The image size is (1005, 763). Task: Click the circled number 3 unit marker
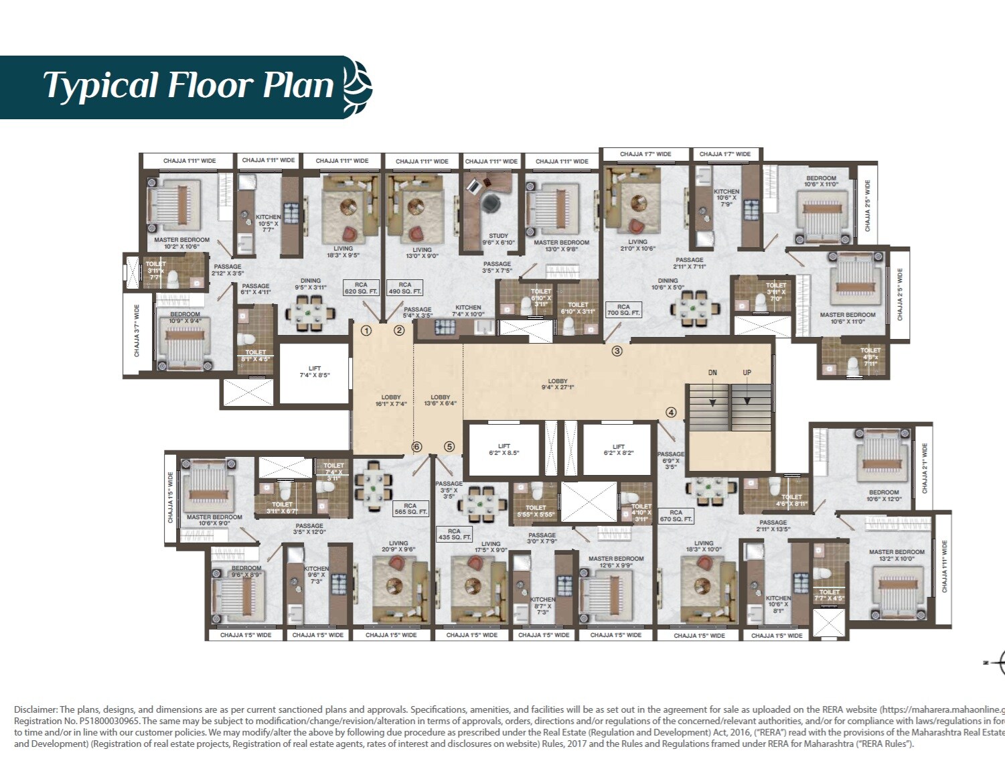tap(617, 351)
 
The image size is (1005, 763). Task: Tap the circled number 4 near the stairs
tap(671, 413)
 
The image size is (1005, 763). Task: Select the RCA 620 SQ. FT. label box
tap(361, 288)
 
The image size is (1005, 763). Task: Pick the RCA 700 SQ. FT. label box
tap(623, 309)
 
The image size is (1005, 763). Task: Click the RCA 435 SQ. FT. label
tap(455, 534)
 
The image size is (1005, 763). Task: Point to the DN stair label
tap(712, 372)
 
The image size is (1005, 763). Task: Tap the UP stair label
tap(747, 372)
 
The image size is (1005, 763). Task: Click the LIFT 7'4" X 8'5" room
tap(314, 372)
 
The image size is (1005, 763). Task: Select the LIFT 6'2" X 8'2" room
tap(618, 449)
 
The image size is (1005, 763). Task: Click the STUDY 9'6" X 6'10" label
tap(498, 239)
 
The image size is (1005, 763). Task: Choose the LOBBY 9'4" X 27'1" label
tap(558, 384)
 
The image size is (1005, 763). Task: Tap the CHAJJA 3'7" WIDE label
tap(137, 330)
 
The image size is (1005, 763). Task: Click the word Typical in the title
tap(100, 86)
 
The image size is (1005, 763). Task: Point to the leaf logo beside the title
tap(358, 87)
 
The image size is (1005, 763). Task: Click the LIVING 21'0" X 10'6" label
tap(637, 245)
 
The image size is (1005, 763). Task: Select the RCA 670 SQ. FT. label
tap(676, 516)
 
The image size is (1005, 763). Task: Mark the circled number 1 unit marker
tap(366, 330)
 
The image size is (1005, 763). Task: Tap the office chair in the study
tap(491, 201)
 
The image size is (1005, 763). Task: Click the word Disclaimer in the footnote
tap(35, 709)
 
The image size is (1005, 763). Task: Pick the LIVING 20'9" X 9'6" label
tap(398, 547)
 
